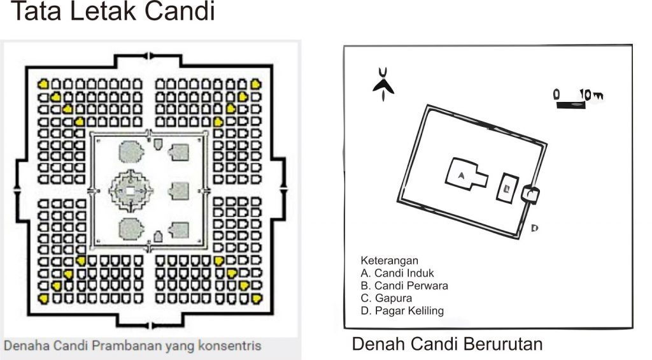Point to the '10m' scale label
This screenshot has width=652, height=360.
click(590, 95)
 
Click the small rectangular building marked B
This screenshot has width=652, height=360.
click(507, 187)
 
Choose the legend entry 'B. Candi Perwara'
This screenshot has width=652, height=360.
click(404, 285)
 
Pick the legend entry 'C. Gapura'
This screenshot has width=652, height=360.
click(386, 298)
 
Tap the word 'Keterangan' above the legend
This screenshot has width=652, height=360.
click(389, 261)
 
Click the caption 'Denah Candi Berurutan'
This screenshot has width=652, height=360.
click(447, 345)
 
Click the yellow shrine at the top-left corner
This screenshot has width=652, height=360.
click(43, 83)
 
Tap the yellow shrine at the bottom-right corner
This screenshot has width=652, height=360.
click(256, 298)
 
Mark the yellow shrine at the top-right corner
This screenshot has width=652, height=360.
click(256, 83)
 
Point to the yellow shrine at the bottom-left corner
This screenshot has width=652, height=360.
click(43, 298)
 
